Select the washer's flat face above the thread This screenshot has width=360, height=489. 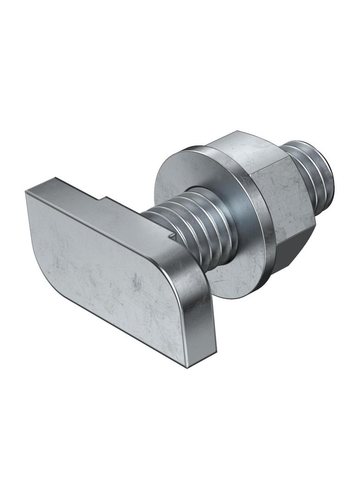tap(179, 174)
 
